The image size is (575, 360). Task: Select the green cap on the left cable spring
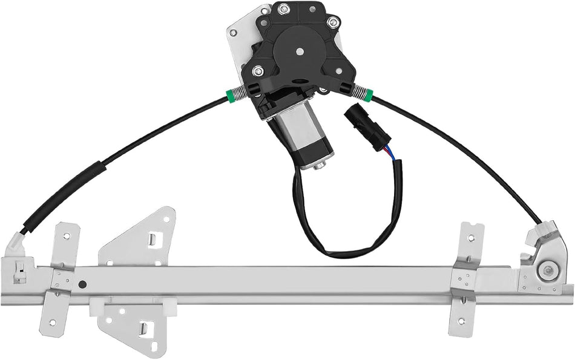230,96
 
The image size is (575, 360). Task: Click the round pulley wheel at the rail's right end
548,270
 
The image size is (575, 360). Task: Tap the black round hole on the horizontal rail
82,284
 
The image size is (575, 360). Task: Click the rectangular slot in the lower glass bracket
143,329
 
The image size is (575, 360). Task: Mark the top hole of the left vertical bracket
66,237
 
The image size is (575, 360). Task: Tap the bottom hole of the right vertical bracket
461,321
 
